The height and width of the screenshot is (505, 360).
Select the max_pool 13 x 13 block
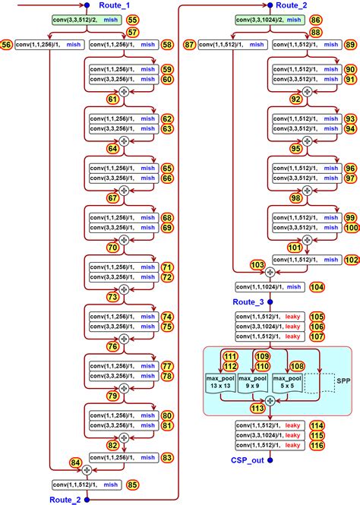tap(221, 383)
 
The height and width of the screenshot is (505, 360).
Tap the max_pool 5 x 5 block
tap(289, 383)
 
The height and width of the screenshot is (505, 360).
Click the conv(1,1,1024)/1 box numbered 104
tap(269, 286)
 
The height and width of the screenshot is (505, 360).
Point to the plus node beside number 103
tap(270, 271)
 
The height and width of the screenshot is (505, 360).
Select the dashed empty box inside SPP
tap(324, 383)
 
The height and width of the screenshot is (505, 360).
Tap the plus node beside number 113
tap(270, 408)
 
